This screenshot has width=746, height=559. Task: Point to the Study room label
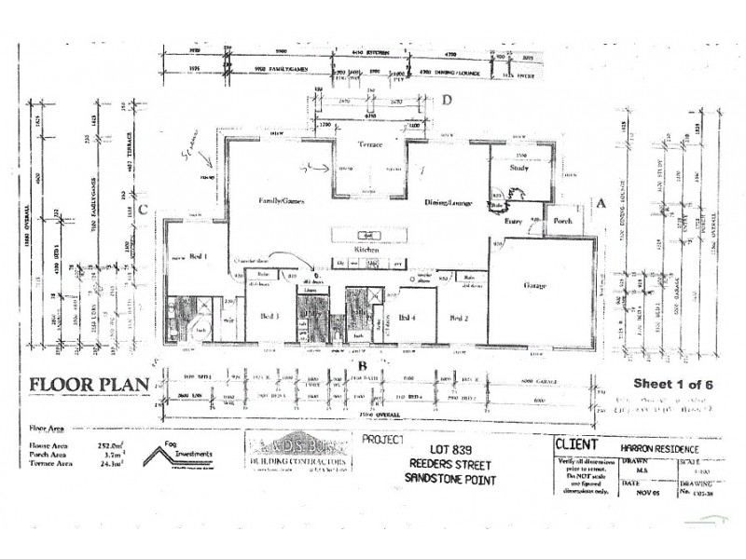pyautogui.click(x=519, y=168)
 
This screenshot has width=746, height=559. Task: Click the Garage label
pyautogui.click(x=534, y=285)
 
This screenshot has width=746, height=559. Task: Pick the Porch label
pyautogui.click(x=562, y=221)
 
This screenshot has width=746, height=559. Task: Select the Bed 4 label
pyautogui.click(x=407, y=318)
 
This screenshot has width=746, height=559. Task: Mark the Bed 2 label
pyautogui.click(x=458, y=318)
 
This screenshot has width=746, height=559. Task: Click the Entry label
pyautogui.click(x=513, y=221)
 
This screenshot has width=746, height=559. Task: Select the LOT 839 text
pyautogui.click(x=450, y=450)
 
